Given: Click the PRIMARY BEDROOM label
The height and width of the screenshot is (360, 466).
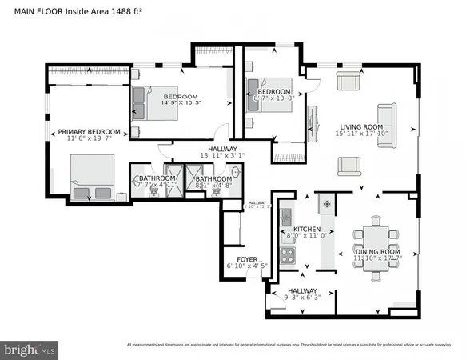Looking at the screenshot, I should [89, 132].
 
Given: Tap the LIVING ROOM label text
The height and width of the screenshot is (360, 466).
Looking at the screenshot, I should [361, 127].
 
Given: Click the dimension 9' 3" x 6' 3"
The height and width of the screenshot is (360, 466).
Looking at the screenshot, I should [301, 298].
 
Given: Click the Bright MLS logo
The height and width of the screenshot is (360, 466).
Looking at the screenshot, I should [30, 350].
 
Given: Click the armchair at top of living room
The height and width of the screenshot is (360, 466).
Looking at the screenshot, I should [349, 81].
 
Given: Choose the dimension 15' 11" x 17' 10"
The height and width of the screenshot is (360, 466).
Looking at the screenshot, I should [361, 135].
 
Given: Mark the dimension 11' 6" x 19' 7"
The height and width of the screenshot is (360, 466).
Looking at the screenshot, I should [89, 140].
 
